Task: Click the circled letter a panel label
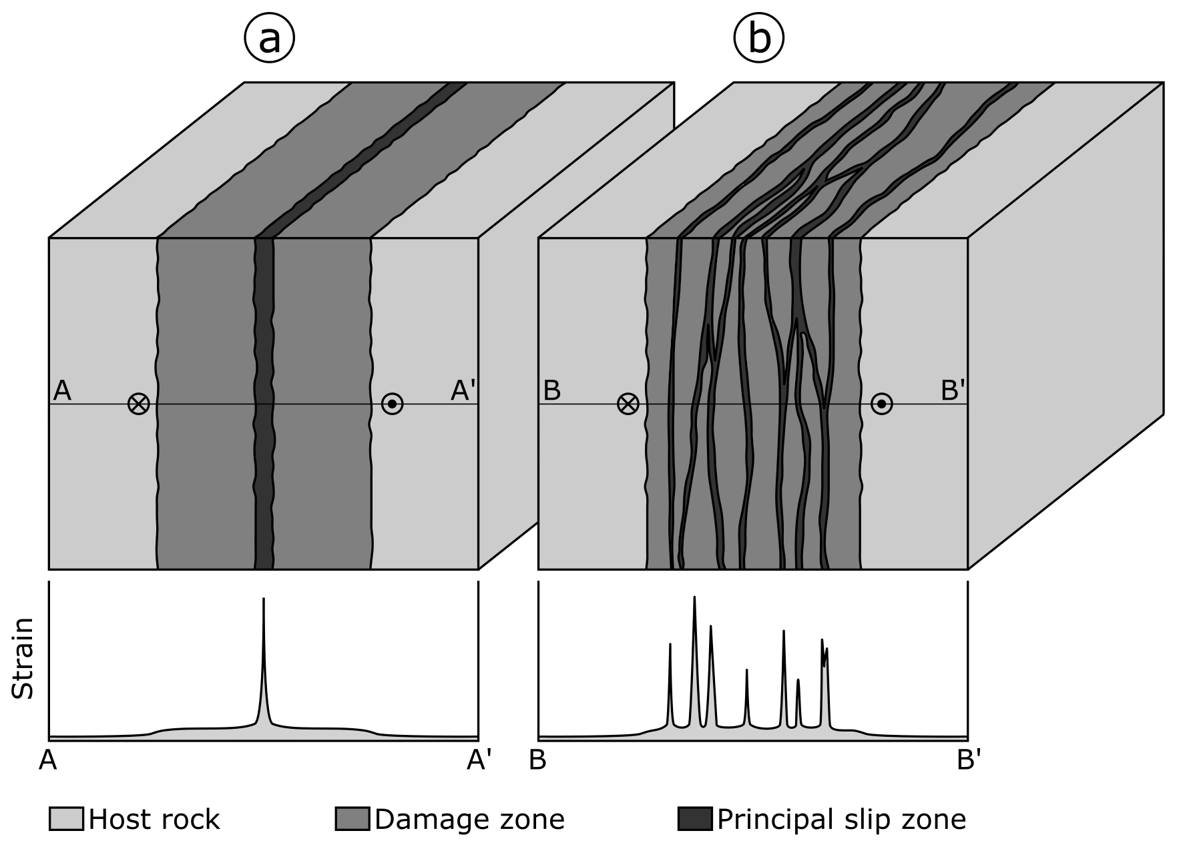click(269, 39)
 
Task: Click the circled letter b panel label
click(759, 39)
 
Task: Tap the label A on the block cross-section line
click(62, 390)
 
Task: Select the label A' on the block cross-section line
click(463, 391)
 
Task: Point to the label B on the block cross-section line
click(551, 390)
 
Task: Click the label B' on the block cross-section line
click(953, 391)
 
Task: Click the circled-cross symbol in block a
click(139, 404)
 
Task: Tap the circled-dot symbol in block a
click(392, 404)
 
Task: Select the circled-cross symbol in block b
click(628, 404)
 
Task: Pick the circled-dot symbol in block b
click(881, 404)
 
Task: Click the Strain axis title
click(24, 659)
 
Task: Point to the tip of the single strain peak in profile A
click(264, 599)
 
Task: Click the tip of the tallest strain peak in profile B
click(694, 597)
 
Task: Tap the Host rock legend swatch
click(66, 819)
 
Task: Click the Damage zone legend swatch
click(352, 819)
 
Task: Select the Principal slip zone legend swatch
click(695, 819)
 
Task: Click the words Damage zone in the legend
click(470, 819)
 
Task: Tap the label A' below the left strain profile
click(479, 760)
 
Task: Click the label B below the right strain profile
click(538, 760)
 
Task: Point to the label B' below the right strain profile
click(969, 760)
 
